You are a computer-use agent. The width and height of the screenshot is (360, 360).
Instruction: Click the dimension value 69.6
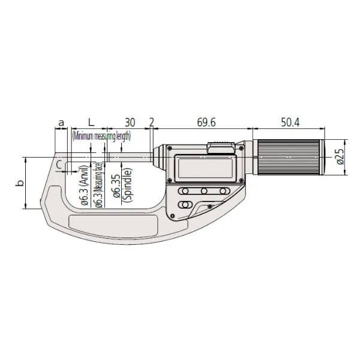[x=205, y=122]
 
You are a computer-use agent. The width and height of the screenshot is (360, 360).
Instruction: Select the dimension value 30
[x=130, y=122]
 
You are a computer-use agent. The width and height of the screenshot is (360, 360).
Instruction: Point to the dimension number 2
[x=151, y=122]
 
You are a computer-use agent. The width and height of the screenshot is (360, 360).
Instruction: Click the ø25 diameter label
[x=339, y=157]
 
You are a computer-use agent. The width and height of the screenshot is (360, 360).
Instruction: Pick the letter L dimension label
[x=91, y=122]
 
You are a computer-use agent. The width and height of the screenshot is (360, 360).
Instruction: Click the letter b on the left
[x=19, y=182]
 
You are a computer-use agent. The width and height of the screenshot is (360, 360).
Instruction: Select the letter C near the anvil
[x=59, y=163]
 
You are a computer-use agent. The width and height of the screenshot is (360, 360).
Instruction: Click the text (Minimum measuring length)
[x=101, y=136]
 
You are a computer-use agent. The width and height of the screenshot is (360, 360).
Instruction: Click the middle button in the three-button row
[x=205, y=191]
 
